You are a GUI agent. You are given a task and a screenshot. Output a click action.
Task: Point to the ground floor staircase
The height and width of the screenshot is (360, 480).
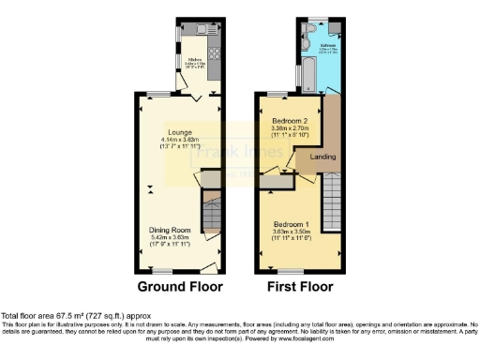click(211, 214)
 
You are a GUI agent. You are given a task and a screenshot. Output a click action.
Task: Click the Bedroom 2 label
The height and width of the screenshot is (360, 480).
click(290, 123)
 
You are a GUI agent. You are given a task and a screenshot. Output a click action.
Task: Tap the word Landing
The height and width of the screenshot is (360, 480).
click(324, 157)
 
